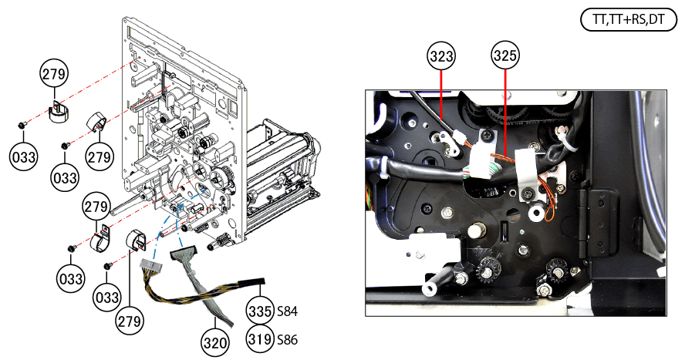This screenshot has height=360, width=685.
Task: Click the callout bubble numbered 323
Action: point(441,56)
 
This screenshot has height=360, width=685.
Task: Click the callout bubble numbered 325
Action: point(505,56)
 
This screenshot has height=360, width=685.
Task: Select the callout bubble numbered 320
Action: point(215,342)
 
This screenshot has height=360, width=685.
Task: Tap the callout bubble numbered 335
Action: point(261,311)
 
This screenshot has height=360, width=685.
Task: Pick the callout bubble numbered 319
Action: point(261,338)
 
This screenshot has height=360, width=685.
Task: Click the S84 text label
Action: point(288,311)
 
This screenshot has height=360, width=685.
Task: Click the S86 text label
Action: point(288,339)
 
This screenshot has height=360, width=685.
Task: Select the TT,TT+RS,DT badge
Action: point(628,19)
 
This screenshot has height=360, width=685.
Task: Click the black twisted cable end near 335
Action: point(253,281)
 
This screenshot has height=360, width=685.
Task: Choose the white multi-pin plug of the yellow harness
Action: point(150,265)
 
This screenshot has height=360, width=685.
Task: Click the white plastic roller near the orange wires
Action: point(535,214)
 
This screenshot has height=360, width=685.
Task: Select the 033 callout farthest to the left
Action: point(24,156)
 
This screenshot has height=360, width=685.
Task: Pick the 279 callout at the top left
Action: point(54,74)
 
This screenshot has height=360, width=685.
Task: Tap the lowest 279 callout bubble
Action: point(130,321)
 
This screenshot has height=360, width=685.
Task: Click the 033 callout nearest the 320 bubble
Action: point(107,298)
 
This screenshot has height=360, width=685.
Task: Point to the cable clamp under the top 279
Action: point(58,112)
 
